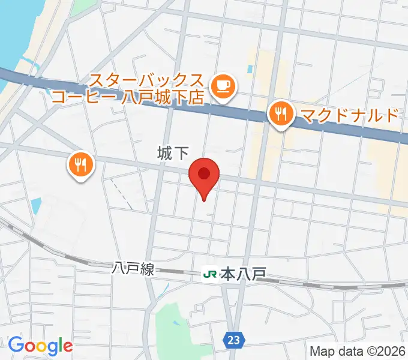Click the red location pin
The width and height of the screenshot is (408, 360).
[204, 176]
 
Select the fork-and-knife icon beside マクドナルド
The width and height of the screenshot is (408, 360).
[281, 113]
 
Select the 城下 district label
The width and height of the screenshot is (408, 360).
[173, 154]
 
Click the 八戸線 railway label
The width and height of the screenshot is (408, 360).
[133, 269]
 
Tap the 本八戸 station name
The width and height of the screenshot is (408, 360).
[243, 275]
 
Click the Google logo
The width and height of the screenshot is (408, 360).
[40, 346]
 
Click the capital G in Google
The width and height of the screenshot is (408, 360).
[15, 345]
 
